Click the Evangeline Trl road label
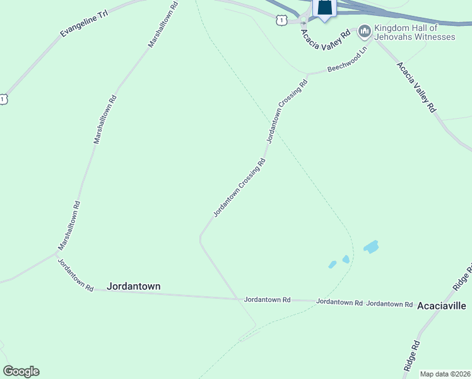click(x=85, y=23)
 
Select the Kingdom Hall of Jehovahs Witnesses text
click(x=415, y=32)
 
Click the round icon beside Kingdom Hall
click(x=364, y=30)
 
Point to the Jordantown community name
click(x=133, y=286)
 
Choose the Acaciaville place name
click(x=442, y=306)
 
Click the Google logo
click(x=21, y=371)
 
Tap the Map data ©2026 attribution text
click(x=445, y=374)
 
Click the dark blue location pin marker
click(x=324, y=8)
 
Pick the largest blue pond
click(x=371, y=246)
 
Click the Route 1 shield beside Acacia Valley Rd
click(x=281, y=20)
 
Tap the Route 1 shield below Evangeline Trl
click(x=4, y=99)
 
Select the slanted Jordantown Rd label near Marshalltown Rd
click(x=76, y=275)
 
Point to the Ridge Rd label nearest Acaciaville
click(x=463, y=279)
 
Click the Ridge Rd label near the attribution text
click(x=411, y=356)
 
